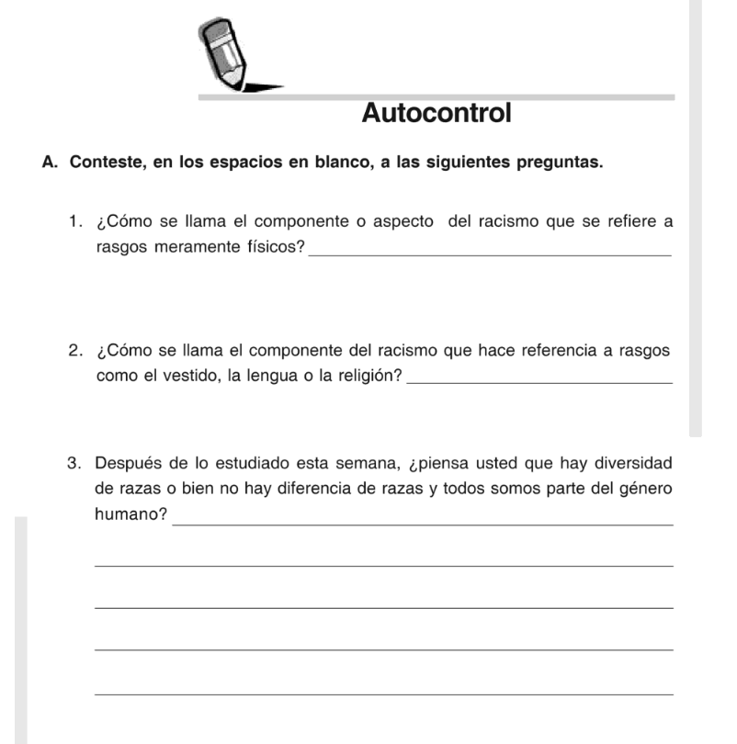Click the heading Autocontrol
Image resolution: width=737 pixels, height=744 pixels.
click(x=437, y=114)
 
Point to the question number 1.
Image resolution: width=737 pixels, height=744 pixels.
click(x=73, y=221)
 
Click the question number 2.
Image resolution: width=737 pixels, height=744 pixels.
click(x=73, y=351)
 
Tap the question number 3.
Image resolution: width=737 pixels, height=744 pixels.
click(x=73, y=462)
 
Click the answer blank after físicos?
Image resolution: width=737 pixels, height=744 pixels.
click(x=491, y=254)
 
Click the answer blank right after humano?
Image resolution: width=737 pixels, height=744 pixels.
click(x=423, y=523)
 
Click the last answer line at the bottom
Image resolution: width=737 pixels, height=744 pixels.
click(x=383, y=693)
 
